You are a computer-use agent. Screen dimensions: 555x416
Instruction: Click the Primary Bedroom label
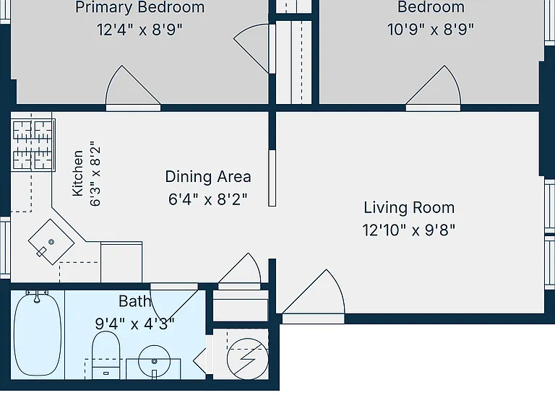[x=139, y=7]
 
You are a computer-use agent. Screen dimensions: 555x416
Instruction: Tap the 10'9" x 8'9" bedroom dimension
[x=431, y=30]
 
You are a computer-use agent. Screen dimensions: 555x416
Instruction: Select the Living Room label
[x=409, y=208]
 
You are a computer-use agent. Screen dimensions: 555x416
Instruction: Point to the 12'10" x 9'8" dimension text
[x=409, y=230]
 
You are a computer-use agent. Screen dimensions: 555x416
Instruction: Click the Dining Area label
[x=208, y=176]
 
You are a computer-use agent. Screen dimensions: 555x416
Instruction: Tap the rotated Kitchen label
[x=77, y=173]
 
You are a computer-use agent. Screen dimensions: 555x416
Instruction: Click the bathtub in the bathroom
[x=37, y=334]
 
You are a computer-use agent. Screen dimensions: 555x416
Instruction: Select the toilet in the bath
[x=106, y=355]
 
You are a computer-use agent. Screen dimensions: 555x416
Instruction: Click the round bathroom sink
[x=155, y=361]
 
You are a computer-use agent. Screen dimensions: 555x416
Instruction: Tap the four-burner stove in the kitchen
[x=33, y=145]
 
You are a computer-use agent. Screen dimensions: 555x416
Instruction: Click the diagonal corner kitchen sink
[x=51, y=242]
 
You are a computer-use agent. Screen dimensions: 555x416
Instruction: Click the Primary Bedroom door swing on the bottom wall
[x=133, y=87]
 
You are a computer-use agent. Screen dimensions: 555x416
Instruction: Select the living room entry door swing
[x=313, y=292]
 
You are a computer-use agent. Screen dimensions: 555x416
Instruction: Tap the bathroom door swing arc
[x=173, y=303]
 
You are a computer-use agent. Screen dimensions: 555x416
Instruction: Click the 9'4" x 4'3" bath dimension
[x=135, y=324]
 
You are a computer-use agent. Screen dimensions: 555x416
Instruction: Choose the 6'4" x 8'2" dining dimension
[x=208, y=199]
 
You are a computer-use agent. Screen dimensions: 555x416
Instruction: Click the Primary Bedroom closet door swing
[x=251, y=49]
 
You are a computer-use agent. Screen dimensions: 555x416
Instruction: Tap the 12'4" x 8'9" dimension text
[x=139, y=30]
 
